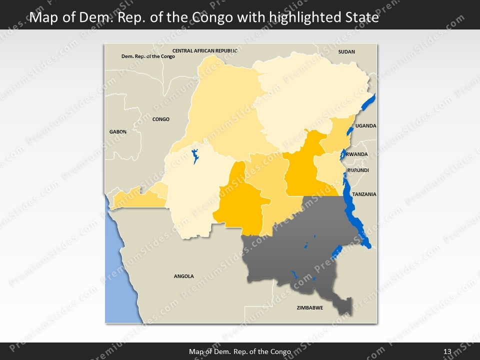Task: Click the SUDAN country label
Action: (346, 51)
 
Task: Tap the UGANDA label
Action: (365, 126)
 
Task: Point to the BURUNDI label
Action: (358, 170)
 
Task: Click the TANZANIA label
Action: (364, 194)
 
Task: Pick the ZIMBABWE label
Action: (309, 308)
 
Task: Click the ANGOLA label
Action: (183, 276)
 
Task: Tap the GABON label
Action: (118, 131)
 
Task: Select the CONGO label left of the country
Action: (160, 119)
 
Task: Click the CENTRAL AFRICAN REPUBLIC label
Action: (204, 50)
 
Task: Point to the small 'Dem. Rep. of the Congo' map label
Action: (148, 56)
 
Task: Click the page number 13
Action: (447, 351)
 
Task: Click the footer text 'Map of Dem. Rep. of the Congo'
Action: (240, 351)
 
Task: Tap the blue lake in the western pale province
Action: (195, 156)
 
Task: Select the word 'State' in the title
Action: (360, 18)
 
